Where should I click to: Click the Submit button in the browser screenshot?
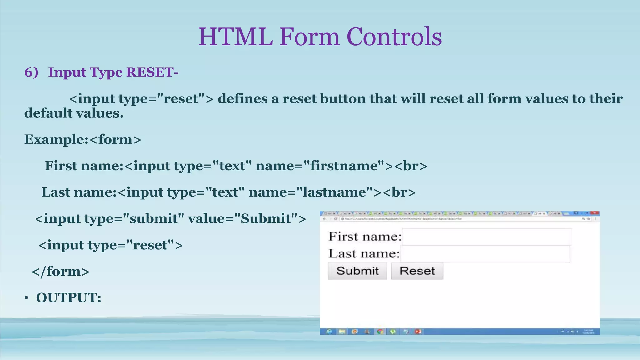[x=357, y=271]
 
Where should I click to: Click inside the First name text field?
[x=487, y=237]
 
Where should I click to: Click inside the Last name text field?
[x=485, y=254]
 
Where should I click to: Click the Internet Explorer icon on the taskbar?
[x=329, y=332]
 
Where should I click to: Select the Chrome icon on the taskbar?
[x=380, y=332]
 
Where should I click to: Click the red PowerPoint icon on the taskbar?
[x=418, y=332]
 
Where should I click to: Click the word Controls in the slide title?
[x=394, y=37]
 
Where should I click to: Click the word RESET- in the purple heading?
[x=152, y=72]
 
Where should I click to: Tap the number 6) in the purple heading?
[x=31, y=72]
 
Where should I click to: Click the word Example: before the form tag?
[x=57, y=139]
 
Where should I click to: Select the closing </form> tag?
[x=61, y=272]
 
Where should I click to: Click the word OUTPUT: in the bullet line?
[x=69, y=298]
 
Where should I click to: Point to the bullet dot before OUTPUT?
[x=27, y=298]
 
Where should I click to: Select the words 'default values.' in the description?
[x=74, y=113]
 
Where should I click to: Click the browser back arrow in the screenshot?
[x=324, y=219]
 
